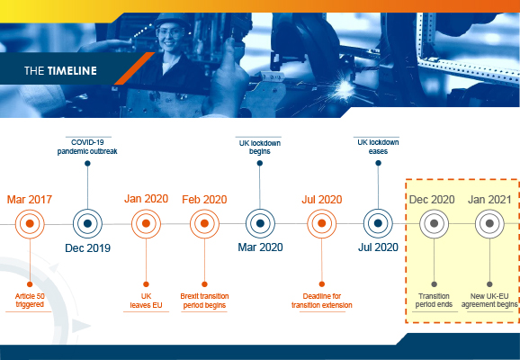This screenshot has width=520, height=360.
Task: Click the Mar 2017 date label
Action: pos(30,200)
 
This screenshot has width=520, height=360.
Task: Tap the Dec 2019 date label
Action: pos(87,247)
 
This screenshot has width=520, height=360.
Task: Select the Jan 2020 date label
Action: pos(147,198)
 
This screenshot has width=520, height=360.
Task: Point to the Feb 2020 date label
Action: pos(204,200)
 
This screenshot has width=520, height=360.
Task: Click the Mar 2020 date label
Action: pos(260,247)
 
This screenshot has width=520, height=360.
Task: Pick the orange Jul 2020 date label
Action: pos(322,200)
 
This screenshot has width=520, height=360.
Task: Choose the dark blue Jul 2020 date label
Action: pos(378,247)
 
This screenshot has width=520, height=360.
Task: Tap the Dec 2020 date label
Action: pos(432,200)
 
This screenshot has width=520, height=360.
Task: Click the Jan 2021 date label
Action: pos(489,200)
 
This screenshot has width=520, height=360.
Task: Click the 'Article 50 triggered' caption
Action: pos(30,301)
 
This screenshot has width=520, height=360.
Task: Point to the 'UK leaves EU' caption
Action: pos(146,301)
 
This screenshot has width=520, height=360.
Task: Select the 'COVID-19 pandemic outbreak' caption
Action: pos(87,147)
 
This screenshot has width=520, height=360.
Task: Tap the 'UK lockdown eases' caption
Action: pos(378,147)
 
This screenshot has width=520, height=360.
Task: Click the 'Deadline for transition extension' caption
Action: pos(322,301)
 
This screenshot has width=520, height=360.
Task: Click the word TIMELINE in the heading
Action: pos(72,71)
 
